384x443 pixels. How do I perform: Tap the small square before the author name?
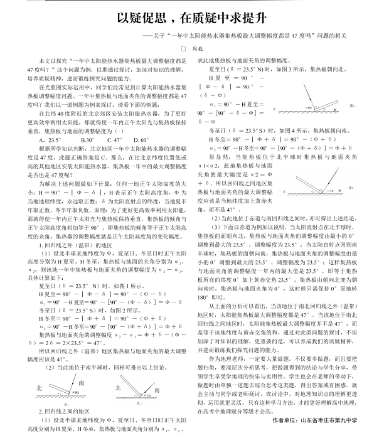tap(184, 47)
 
